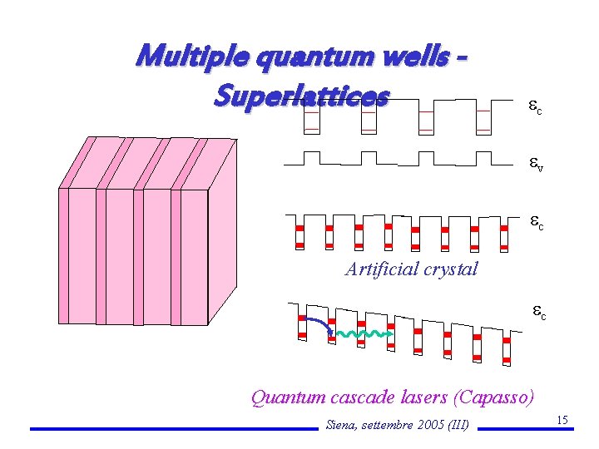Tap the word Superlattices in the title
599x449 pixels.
pos(300,96)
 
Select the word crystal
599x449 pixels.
pos(452,269)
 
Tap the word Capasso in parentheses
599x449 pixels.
pos(497,397)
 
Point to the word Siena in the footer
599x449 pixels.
pos(343,426)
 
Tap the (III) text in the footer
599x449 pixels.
pos(459,426)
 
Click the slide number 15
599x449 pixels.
pos(562,421)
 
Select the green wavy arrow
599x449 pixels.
pos(361,334)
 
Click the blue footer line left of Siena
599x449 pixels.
pos(175,429)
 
